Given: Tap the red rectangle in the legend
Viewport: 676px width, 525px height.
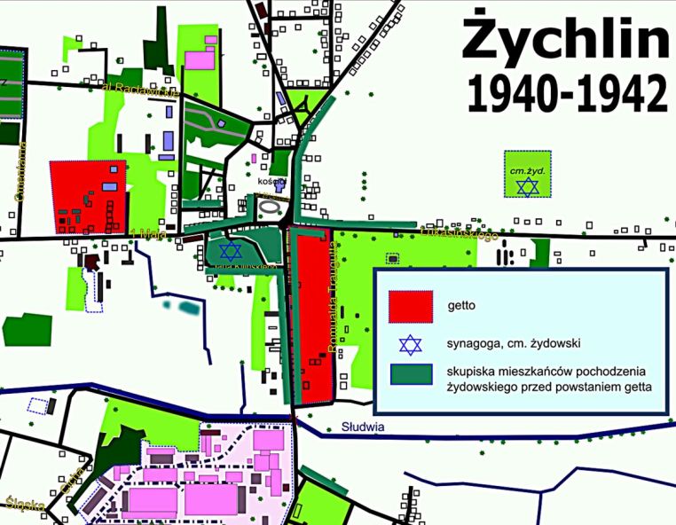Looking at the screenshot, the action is click(411, 305).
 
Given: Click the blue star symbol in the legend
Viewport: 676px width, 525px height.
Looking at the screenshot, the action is click(410, 346).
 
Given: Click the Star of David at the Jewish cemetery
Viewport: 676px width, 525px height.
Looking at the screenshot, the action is click(528, 186).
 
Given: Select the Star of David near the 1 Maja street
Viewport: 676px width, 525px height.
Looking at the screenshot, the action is click(231, 250).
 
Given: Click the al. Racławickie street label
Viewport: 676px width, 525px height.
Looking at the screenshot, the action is click(141, 90).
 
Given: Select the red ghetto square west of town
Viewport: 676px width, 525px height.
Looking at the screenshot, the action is click(85, 197).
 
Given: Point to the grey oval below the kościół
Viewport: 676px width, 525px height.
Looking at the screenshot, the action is click(273, 207).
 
